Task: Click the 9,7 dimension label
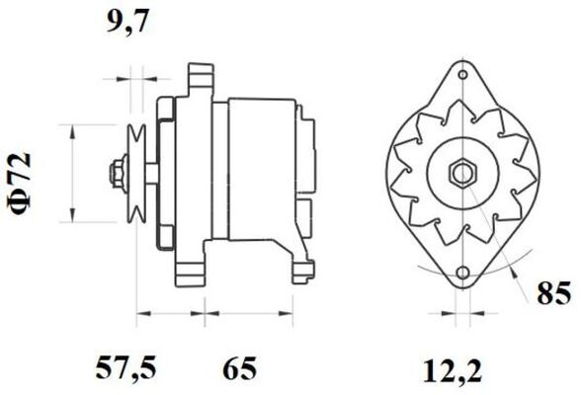click(127, 23)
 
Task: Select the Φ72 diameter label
click(20, 184)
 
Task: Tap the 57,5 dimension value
click(126, 368)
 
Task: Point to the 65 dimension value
click(239, 368)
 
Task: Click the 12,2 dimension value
click(453, 371)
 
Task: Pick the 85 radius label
click(554, 293)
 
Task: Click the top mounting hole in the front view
click(462, 75)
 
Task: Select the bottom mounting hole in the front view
click(462, 274)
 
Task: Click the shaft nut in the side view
click(118, 173)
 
